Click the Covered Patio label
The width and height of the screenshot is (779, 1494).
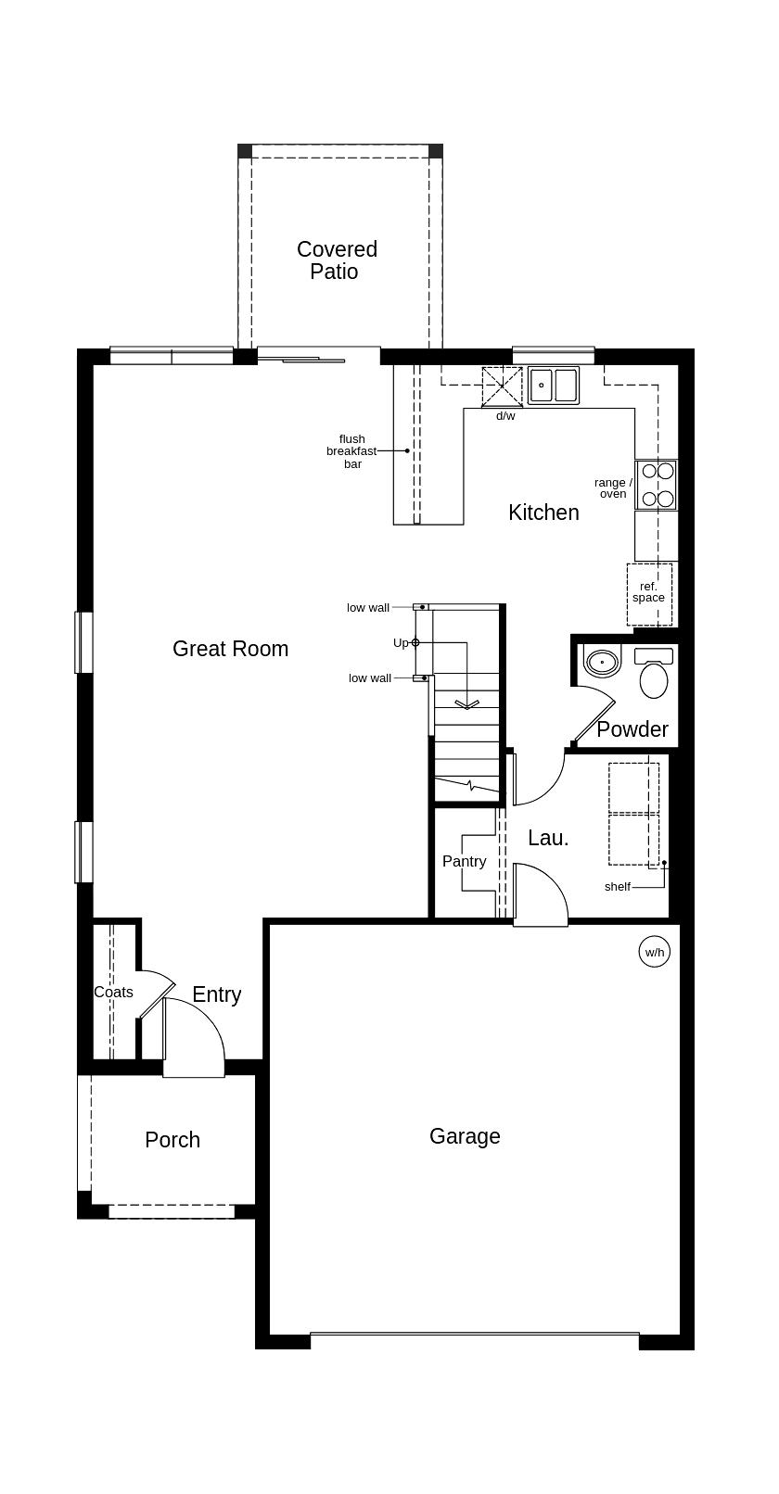point(337,260)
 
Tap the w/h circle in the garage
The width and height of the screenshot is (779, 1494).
point(655,952)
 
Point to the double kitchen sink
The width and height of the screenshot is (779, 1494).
point(554,385)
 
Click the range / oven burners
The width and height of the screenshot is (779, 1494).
point(657,485)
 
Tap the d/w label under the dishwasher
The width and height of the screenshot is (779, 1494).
point(505,416)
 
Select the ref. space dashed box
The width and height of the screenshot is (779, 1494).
point(648,593)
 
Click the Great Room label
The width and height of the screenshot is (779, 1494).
point(230,649)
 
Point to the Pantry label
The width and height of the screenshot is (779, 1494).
point(464,861)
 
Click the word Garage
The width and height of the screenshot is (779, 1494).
point(465,1136)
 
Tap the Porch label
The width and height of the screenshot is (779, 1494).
point(172,1140)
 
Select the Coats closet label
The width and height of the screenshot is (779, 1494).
point(113,992)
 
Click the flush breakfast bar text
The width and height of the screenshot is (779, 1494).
point(351,451)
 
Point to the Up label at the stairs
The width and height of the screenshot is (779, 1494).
point(401,642)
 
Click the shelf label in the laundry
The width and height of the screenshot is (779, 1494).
point(617,887)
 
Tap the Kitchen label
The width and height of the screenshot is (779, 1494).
point(543,513)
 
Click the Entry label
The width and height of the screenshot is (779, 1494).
point(216,994)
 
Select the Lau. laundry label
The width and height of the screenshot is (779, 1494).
point(548,838)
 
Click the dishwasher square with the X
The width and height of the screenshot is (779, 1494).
point(502,386)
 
